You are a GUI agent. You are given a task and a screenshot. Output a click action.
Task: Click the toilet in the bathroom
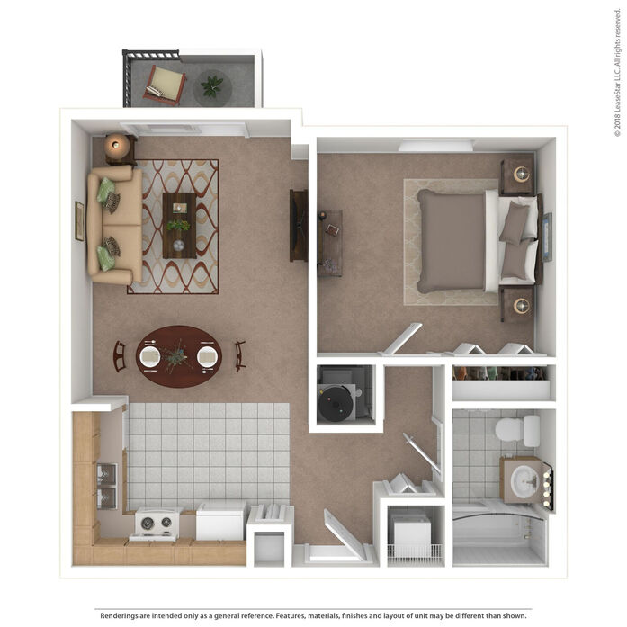(x=517, y=431)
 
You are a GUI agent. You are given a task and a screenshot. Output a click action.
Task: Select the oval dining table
(x=179, y=356)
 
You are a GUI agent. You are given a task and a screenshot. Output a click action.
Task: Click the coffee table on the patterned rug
(x=179, y=226)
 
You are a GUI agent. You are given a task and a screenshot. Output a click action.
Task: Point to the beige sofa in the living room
(x=115, y=225)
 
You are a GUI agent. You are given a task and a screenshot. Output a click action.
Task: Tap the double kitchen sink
(x=107, y=486)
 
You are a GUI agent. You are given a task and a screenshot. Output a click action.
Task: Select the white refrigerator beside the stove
(x=221, y=521)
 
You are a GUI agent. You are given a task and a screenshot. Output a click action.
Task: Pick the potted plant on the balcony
(x=212, y=86)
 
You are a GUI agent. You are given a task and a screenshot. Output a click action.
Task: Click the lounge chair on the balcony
(x=165, y=85)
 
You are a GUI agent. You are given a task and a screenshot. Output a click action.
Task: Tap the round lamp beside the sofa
(x=117, y=147)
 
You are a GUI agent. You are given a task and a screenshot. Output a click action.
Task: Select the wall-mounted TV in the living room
(x=299, y=226)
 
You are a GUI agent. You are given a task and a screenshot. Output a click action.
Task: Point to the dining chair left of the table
(x=120, y=356)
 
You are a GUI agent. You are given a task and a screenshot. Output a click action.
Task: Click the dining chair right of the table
(x=240, y=356)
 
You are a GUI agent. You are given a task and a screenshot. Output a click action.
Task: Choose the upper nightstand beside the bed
(x=517, y=175)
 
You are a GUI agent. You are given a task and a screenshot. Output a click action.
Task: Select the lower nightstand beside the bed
(x=517, y=305)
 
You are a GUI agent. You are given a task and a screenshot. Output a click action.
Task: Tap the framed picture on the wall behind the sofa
(x=79, y=221)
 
